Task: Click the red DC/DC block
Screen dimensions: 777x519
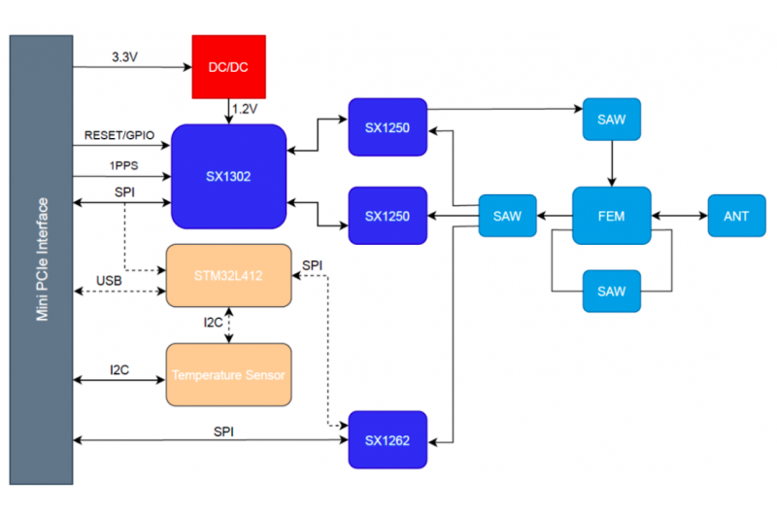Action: (229, 67)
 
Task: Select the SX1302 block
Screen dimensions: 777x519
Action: (228, 177)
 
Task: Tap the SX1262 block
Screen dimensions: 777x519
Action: (388, 439)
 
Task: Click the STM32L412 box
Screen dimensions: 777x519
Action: (228, 276)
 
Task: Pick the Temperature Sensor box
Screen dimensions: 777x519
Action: (228, 375)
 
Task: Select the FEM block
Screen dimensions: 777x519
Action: (612, 216)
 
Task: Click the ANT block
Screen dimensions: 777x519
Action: (736, 216)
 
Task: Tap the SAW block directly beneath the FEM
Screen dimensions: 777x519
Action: (612, 291)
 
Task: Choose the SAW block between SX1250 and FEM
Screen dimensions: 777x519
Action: (507, 216)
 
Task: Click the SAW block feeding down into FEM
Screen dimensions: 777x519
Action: (612, 120)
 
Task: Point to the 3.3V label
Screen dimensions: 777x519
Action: (125, 57)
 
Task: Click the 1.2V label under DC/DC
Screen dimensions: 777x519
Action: (245, 109)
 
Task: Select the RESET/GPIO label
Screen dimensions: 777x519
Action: (119, 135)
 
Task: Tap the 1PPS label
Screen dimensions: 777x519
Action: (124, 165)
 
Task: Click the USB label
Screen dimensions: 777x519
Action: (109, 281)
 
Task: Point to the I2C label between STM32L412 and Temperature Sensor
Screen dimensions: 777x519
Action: (213, 323)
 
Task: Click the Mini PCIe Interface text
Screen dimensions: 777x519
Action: (42, 259)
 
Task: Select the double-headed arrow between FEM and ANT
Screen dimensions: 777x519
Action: (679, 216)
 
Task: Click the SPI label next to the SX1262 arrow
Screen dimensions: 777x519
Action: (223, 432)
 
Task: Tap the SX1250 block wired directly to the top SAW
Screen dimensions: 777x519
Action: (388, 127)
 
